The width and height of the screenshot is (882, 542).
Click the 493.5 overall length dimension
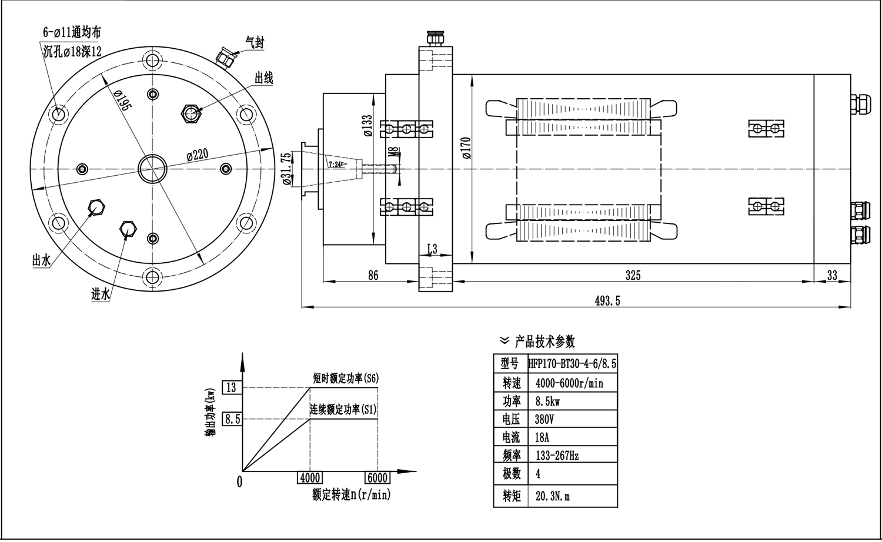point(607,301)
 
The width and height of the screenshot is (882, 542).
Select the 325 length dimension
point(633,275)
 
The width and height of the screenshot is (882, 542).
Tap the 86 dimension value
point(373,275)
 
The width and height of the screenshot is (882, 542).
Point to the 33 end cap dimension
point(831,275)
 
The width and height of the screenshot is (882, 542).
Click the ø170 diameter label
point(465,149)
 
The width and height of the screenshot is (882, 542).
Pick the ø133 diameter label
point(367,126)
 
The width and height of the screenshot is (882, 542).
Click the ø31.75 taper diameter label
point(286,169)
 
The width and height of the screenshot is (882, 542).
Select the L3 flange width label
point(432,249)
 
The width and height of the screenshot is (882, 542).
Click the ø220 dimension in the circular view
point(198,155)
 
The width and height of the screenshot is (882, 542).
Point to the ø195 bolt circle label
point(122,100)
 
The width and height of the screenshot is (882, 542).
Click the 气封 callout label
point(255,42)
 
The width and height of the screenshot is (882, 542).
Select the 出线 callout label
point(263,78)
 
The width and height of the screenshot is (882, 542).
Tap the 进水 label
point(101,295)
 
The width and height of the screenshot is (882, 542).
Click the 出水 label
point(41,261)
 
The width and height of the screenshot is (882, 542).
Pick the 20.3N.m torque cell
point(553,496)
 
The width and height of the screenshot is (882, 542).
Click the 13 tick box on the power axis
point(231,387)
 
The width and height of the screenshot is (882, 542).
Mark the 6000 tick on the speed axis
point(377,478)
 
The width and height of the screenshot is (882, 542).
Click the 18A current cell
point(543,437)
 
